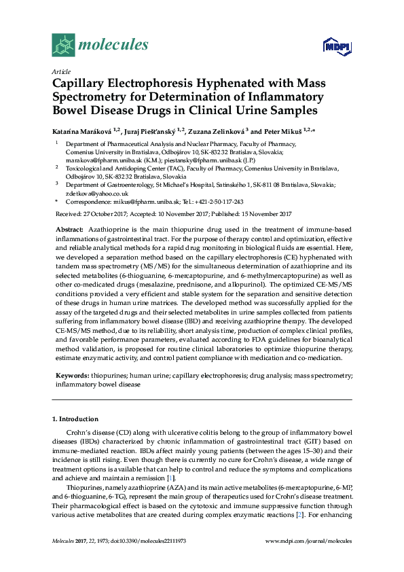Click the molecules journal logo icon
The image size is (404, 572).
pos(62,46)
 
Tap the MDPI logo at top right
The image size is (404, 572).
pos(337,46)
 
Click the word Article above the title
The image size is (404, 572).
pos(60,71)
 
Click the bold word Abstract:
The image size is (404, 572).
pos(69,231)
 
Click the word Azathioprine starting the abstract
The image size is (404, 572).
pos(107,231)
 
